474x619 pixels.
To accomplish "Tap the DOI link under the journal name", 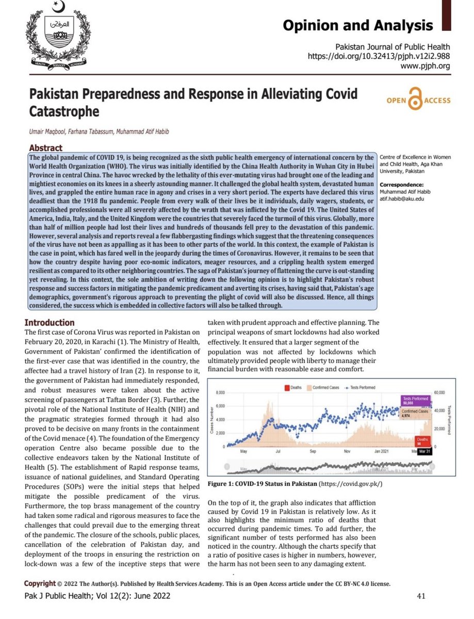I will coord(379,56).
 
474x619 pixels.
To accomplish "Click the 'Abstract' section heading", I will coord(45,148).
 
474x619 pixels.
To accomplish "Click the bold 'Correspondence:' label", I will coord(401,184).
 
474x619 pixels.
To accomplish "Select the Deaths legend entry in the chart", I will coord(292,387).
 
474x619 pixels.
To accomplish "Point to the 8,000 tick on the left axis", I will coord(220,393).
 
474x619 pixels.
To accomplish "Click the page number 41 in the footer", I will coord(421,596).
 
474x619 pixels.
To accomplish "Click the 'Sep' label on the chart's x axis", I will coord(314,452).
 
